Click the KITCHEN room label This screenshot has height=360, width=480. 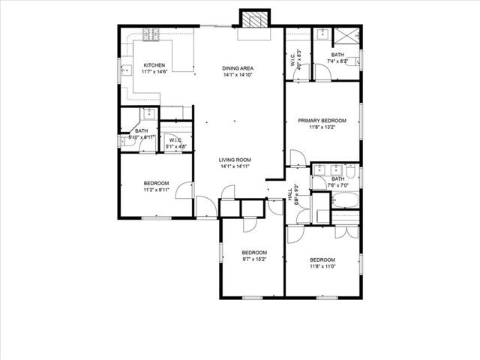pos(154,65)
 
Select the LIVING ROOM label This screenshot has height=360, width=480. pos(235,160)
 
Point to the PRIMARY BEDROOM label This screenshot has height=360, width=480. pos(322,121)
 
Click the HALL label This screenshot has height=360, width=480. pos(290,193)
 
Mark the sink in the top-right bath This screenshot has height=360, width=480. pos(319,34)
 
